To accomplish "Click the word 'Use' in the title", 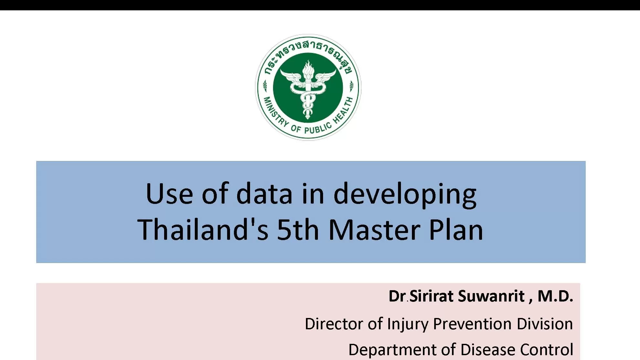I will tap(169, 194).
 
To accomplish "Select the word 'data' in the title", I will tap(264, 194).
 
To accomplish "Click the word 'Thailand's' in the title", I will tap(203, 230).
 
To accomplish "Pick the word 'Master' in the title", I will tap(374, 230).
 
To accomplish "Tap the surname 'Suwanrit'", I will tap(491, 296).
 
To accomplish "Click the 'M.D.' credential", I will tap(555, 296).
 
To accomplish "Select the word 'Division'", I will tap(544, 324).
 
